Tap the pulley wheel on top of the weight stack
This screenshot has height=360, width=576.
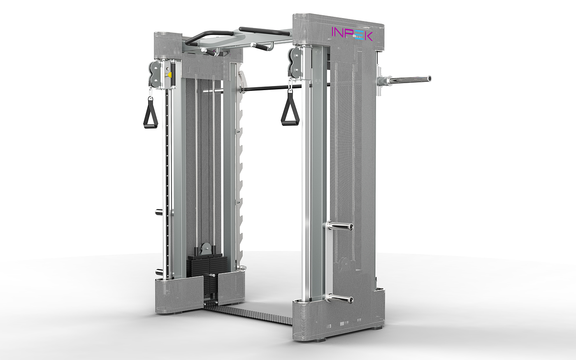coord(206,249)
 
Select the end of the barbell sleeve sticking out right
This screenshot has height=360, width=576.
coord(429,78)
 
